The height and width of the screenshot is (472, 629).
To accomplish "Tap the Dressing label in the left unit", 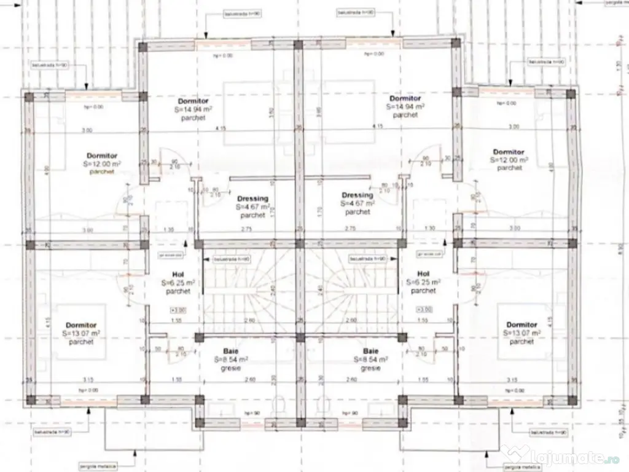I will (252, 199).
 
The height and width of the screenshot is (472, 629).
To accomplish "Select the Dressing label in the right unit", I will (357, 195).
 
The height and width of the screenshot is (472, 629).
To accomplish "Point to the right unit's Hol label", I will (423, 273).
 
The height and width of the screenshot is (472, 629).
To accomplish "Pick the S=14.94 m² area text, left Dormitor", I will (193, 109).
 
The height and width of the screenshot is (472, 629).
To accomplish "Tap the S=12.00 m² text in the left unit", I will (102, 164).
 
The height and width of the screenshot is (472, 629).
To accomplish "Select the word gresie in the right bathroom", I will (370, 368).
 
